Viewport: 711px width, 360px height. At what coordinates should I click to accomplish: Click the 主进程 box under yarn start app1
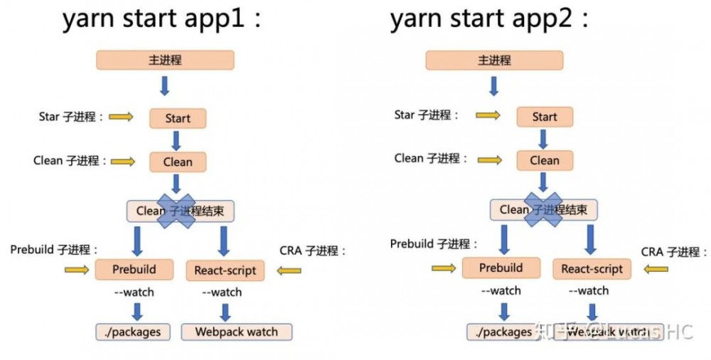pos(165,60)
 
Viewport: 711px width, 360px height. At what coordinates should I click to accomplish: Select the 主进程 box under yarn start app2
pos(494,60)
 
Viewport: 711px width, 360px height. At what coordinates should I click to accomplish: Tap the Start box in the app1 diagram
pos(178,118)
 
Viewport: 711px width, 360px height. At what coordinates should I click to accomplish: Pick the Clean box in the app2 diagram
pos(545,160)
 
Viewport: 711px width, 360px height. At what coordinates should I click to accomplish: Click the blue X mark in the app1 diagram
pos(176,210)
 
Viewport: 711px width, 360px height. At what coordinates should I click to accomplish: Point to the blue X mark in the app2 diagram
pos(543,209)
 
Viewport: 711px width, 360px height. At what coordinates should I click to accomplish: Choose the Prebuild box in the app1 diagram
pos(134,270)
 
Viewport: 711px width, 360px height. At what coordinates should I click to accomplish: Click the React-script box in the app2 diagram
pos(592,269)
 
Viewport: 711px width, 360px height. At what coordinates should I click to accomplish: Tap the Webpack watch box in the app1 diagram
pos(236,332)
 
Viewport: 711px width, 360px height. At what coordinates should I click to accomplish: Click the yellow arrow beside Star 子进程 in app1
pos(121,117)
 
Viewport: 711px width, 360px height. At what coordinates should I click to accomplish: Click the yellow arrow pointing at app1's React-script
pos(289,270)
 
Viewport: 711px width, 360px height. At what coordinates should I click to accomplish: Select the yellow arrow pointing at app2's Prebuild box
pos(444,268)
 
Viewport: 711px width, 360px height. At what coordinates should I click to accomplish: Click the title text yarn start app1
pos(162,19)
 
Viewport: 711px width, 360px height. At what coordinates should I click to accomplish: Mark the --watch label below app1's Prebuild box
pos(134,292)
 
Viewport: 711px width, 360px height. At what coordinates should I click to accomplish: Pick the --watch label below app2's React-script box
pos(589,290)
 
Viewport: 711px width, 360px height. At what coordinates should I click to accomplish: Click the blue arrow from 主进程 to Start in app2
pos(494,86)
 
